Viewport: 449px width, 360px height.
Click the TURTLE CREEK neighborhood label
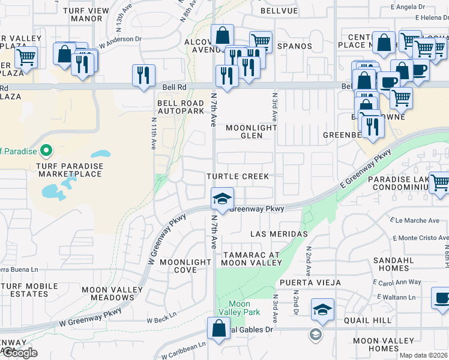237,177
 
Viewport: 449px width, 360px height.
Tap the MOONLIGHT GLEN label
252,131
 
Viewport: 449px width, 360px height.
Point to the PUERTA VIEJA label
309,282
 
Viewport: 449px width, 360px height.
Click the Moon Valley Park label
240,308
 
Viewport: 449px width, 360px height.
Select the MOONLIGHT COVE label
185,266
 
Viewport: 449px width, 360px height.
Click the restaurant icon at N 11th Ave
143,75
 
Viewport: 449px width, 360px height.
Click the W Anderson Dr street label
120,43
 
